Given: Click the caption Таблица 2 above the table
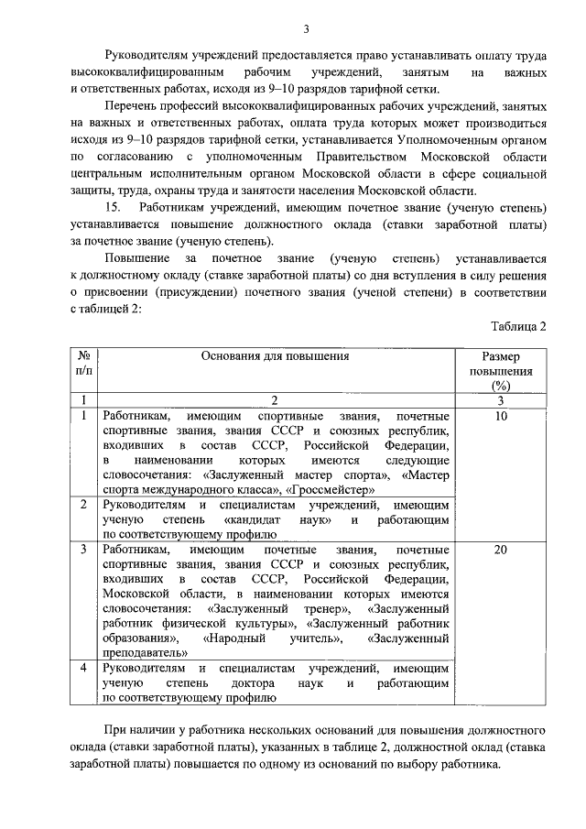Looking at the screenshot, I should point(518,327).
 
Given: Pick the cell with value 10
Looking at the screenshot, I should point(501,416).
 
